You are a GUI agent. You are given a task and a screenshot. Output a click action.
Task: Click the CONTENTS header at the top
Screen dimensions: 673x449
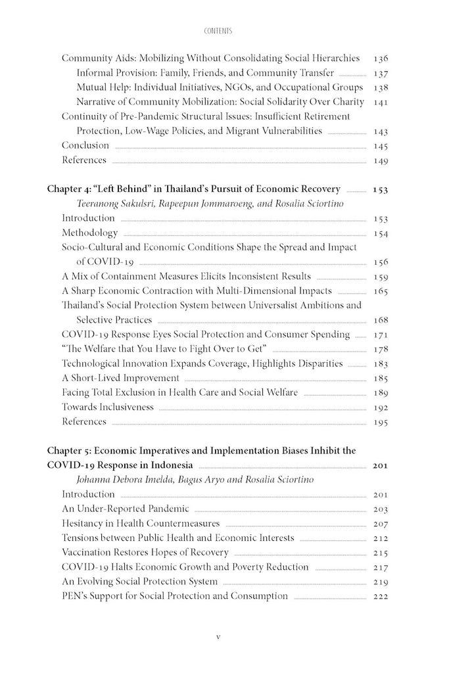pyautogui.click(x=224, y=30)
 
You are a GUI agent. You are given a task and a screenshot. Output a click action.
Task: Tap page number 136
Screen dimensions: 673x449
pyautogui.click(x=380, y=58)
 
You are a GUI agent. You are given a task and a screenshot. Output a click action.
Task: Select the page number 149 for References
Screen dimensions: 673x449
pyautogui.click(x=380, y=160)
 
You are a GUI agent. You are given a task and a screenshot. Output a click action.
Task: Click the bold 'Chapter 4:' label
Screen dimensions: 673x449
pyautogui.click(x=71, y=189)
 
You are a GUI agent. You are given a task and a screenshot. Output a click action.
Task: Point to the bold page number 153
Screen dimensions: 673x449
pyautogui.click(x=380, y=189)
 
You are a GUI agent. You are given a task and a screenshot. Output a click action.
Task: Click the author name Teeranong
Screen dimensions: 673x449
pyautogui.click(x=99, y=204)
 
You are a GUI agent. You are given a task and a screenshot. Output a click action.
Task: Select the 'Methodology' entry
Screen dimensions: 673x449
pyautogui.click(x=90, y=233)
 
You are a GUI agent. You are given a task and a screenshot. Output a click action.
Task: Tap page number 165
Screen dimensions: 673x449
pyautogui.click(x=380, y=290)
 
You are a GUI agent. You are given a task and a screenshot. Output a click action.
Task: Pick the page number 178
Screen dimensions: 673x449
pyautogui.click(x=380, y=349)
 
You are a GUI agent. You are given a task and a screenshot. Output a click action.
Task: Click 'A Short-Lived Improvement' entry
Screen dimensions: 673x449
pyautogui.click(x=120, y=378)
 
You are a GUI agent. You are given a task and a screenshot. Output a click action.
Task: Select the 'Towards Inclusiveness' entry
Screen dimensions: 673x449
pyautogui.click(x=107, y=407)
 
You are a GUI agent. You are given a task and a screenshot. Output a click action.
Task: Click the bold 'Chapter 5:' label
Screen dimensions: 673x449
pyautogui.click(x=71, y=451)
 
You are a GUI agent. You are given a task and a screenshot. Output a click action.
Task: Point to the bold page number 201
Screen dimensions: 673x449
pyautogui.click(x=380, y=465)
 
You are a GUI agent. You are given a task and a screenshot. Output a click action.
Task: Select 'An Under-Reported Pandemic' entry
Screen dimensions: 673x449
pyautogui.click(x=126, y=509)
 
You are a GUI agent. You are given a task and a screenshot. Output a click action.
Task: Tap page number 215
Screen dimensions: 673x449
pyautogui.click(x=380, y=552)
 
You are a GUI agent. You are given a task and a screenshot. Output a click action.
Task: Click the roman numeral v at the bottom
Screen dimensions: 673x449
pyautogui.click(x=224, y=638)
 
